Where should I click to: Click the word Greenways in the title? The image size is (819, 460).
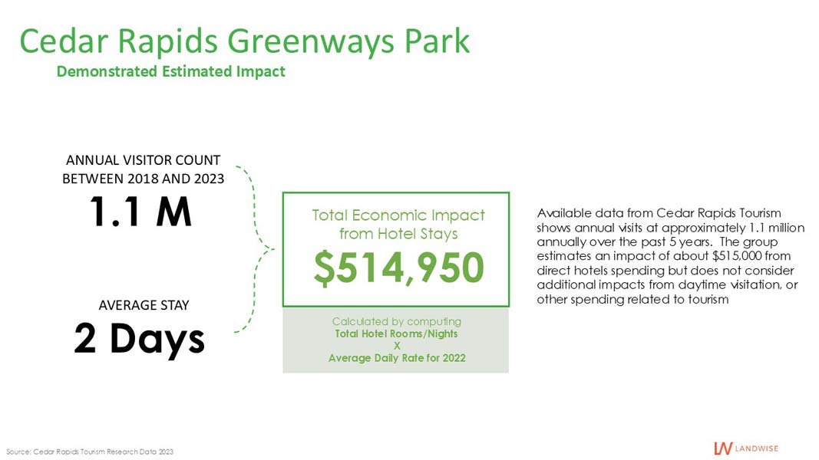(x=311, y=41)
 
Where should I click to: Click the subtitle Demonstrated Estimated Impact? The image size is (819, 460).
(x=171, y=71)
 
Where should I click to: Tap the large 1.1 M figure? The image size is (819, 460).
(x=140, y=212)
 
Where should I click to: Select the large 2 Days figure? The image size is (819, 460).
(x=139, y=339)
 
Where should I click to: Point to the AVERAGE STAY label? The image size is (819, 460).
(x=144, y=305)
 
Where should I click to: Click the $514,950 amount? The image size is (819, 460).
(x=399, y=267)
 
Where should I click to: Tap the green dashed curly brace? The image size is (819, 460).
(x=255, y=249)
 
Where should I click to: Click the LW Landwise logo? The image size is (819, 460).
(x=746, y=448)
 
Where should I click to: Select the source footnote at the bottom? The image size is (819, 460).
(x=90, y=452)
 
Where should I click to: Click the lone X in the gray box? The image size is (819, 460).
(x=397, y=346)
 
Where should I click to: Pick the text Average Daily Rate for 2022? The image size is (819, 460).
(x=397, y=358)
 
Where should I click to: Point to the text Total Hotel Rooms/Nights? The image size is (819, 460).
(x=396, y=333)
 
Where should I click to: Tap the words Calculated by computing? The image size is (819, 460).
(x=396, y=322)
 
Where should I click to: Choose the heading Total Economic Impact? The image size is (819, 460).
(x=398, y=215)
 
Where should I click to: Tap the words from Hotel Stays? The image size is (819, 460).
(x=398, y=234)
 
